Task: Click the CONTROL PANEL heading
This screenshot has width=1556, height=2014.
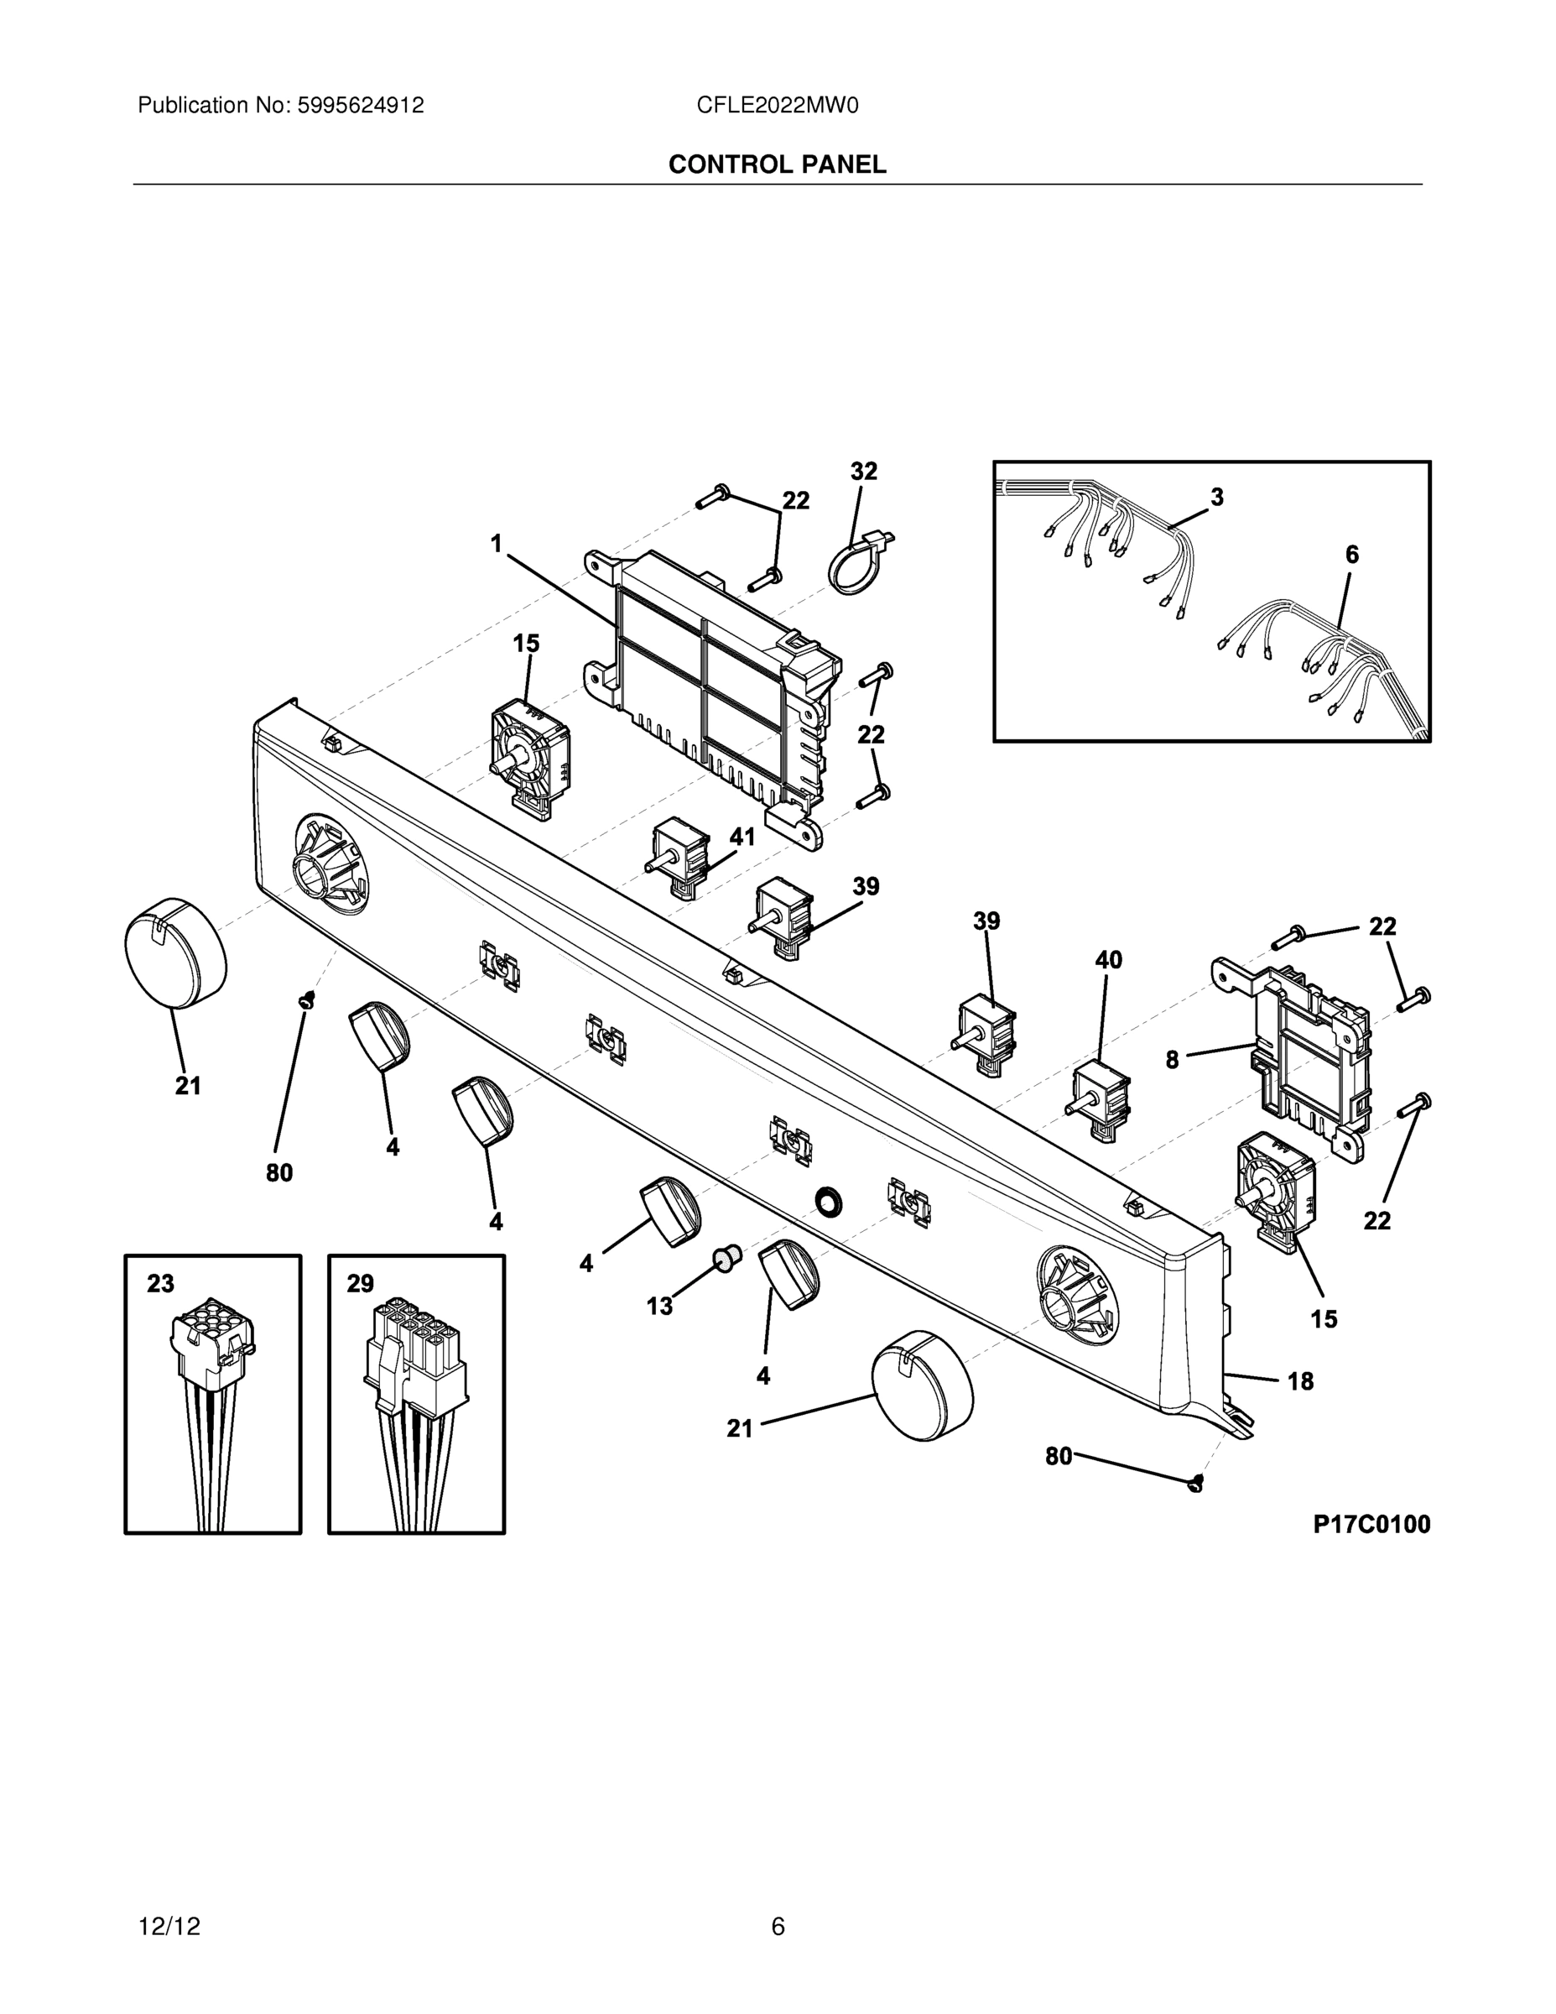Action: click(777, 164)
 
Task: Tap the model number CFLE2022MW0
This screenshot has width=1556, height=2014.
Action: click(777, 105)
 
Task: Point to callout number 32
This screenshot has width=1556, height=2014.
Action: click(864, 472)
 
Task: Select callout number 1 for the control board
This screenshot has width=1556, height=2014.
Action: click(497, 544)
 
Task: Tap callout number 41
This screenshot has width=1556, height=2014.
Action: click(742, 837)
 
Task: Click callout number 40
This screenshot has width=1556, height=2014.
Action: click(1108, 960)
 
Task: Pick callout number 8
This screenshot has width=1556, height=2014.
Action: click(1172, 1060)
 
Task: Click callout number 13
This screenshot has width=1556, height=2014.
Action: click(659, 1306)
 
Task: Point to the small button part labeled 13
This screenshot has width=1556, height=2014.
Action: click(727, 1256)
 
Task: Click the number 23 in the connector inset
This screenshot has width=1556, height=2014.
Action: click(160, 1284)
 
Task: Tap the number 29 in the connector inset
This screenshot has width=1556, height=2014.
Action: click(361, 1284)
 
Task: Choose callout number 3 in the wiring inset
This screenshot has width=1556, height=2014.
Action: click(1217, 498)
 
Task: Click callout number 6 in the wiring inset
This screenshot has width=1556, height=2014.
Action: click(1351, 554)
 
